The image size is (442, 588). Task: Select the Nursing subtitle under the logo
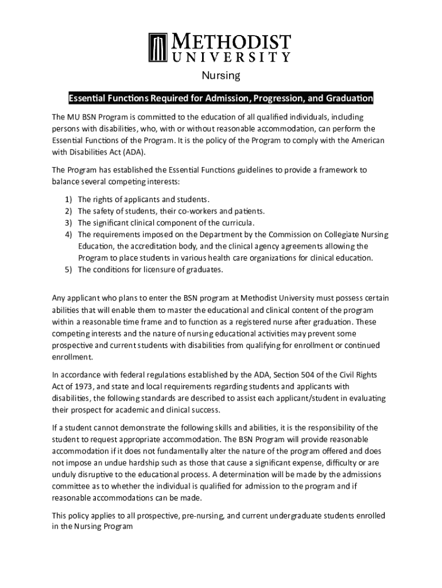pyautogui.click(x=220, y=76)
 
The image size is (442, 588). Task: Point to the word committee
pyautogui.click(x=72, y=486)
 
